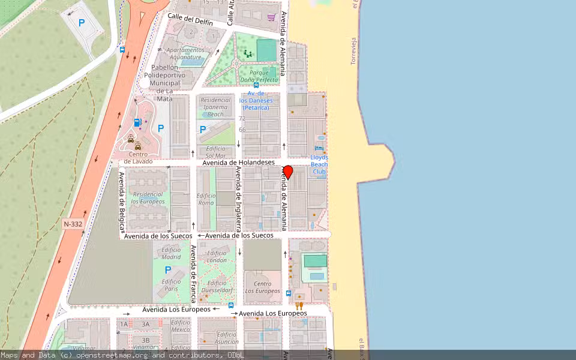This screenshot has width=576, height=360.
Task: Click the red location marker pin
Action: [x=288, y=172]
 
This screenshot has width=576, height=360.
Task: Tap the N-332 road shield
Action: [x=73, y=224]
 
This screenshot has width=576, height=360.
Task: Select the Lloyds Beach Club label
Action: [x=319, y=164]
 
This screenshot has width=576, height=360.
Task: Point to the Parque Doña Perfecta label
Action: [x=259, y=76]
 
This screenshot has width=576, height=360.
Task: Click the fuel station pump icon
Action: [x=137, y=123]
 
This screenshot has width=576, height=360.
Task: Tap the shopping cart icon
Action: [x=272, y=17]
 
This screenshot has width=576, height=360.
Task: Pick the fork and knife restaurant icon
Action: [x=299, y=305]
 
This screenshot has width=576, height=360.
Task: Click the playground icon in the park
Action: [x=248, y=55]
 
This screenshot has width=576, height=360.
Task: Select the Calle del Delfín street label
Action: [x=190, y=20]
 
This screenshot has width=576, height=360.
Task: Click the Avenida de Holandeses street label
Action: [x=238, y=163]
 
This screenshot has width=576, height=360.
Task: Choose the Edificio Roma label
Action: [x=206, y=199]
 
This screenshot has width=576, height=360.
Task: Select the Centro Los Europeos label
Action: [x=262, y=287]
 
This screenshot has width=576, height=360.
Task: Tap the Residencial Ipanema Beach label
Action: [x=215, y=107]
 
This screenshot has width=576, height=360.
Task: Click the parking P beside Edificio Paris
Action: [x=168, y=270]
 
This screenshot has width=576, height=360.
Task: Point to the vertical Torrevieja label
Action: [x=353, y=50]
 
